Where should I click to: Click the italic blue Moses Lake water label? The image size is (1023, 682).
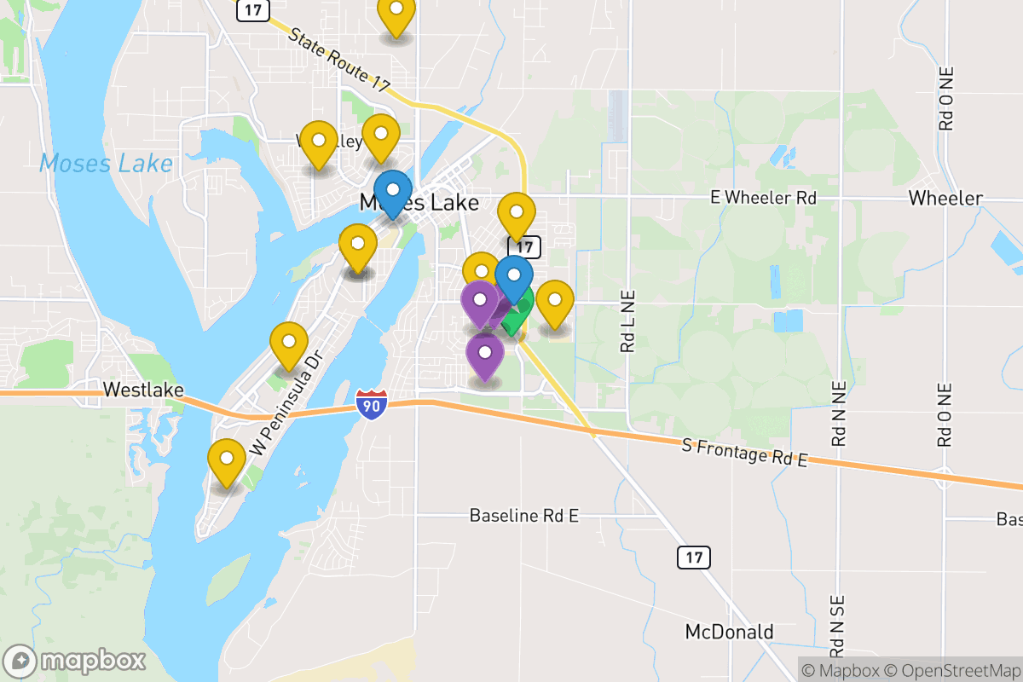coord(106,162)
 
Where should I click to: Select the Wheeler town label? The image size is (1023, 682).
coord(945,199)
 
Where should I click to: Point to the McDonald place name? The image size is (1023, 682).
coord(729,632)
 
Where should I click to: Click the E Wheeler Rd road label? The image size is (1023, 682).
coord(764,198)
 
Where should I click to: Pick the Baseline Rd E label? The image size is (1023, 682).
coord(524,516)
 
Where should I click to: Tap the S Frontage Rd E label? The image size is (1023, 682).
coord(744,453)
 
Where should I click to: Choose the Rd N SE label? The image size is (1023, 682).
coord(839,605)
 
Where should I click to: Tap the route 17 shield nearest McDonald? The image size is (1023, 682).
coord(693,558)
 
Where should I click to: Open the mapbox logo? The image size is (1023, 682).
coord(75,661)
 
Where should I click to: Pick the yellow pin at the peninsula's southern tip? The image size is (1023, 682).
coord(227,460)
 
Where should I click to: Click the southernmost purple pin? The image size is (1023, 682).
coord(485,355)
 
